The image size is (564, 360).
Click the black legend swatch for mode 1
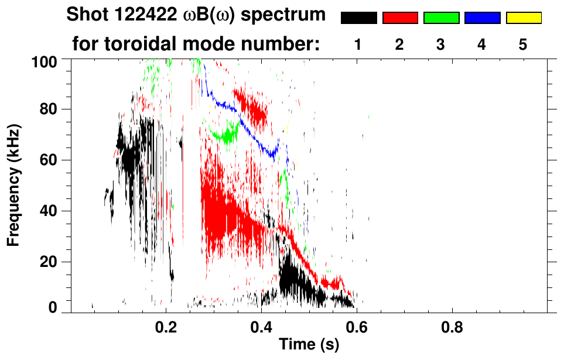click(x=359, y=18)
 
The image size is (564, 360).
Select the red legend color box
click(x=400, y=18)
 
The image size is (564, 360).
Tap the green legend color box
click(x=441, y=18)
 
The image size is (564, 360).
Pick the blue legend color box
click(x=482, y=18)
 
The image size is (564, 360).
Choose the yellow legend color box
click(x=524, y=18)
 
